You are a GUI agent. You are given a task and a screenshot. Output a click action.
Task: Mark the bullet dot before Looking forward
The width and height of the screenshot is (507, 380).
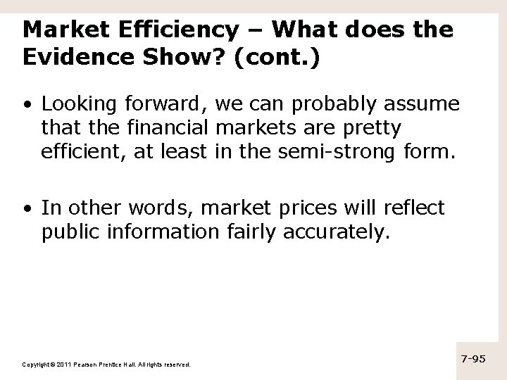click(x=26, y=106)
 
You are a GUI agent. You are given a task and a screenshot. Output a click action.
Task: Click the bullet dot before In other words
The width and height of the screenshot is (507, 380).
click(x=26, y=208)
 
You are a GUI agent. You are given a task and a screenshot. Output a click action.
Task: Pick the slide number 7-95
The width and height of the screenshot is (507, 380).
click(x=473, y=359)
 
